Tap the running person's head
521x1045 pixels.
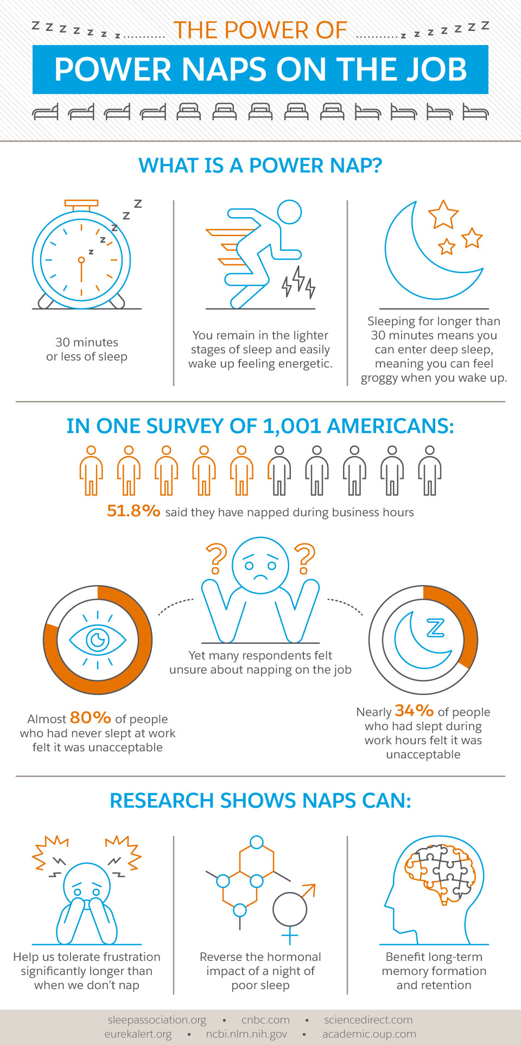289,212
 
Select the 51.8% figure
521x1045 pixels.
134,511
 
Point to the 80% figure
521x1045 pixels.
91,718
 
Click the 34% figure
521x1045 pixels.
414,711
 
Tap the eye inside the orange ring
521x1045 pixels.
98,640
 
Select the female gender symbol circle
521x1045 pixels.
290,909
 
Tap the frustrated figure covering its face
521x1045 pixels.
87,896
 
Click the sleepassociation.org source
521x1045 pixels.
157,1020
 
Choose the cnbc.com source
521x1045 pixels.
265,1020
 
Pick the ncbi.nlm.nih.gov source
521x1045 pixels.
246,1034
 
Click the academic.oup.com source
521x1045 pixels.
369,1034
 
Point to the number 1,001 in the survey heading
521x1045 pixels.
292,426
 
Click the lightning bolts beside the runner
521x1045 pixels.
298,282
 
